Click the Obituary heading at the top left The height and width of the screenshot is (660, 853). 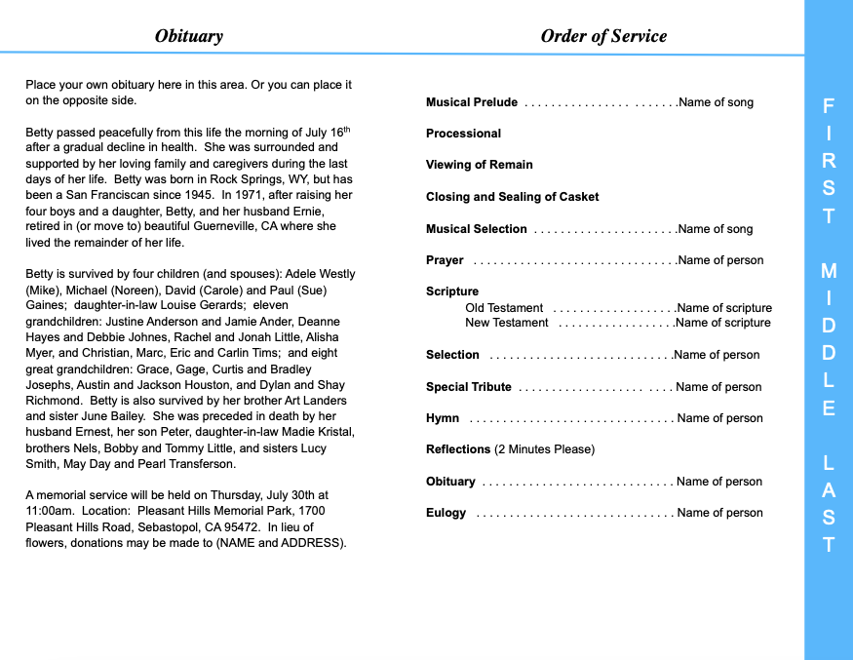coord(188,36)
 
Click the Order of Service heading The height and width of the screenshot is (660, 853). coord(603,36)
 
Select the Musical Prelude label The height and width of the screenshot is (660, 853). coord(472,102)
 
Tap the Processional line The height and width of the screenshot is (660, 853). coord(463,134)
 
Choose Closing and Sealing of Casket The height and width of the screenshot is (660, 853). coord(512,197)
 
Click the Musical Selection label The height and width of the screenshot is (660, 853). coord(476,229)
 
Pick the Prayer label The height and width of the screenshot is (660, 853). coord(445,260)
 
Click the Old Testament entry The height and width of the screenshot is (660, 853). coord(504,308)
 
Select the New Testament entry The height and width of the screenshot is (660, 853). coord(507,323)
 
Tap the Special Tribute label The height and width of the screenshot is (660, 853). coord(468,387)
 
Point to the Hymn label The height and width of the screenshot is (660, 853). coord(443,418)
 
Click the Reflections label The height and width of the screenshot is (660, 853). coord(458,449)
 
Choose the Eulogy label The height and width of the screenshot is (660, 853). coord(446,513)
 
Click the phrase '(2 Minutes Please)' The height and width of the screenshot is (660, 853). coord(544,449)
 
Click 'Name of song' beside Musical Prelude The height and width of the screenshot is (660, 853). coord(716,102)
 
